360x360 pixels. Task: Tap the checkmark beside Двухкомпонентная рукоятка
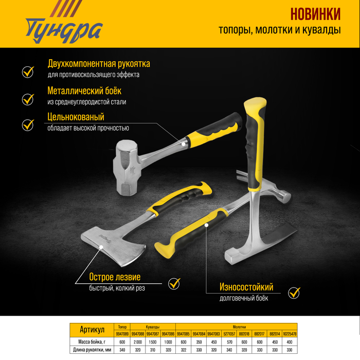coord(28,71)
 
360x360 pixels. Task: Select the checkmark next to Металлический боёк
coord(28,98)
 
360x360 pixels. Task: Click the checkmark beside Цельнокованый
coord(28,124)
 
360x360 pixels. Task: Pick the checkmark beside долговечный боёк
coord(294,293)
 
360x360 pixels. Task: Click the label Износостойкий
coord(239,287)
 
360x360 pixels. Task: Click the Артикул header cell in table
coord(93,330)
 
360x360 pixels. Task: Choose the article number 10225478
coord(290,334)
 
